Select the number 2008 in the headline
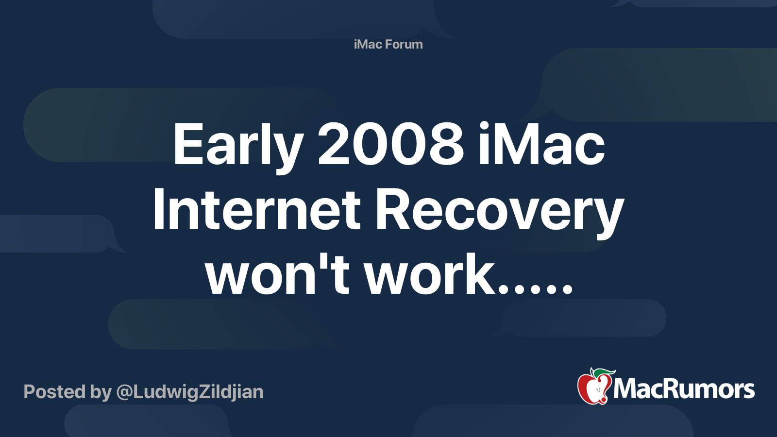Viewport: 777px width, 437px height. click(390, 144)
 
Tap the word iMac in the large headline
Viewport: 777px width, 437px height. click(541, 144)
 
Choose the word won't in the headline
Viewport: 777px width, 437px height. click(277, 276)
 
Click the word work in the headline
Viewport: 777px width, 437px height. click(430, 276)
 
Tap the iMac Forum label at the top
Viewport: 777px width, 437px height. click(388, 44)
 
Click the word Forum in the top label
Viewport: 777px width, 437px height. click(404, 44)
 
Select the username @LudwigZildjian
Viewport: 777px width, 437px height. click(190, 392)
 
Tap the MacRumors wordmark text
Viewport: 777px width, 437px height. click(684, 389)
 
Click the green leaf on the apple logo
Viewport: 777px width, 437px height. click(604, 372)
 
